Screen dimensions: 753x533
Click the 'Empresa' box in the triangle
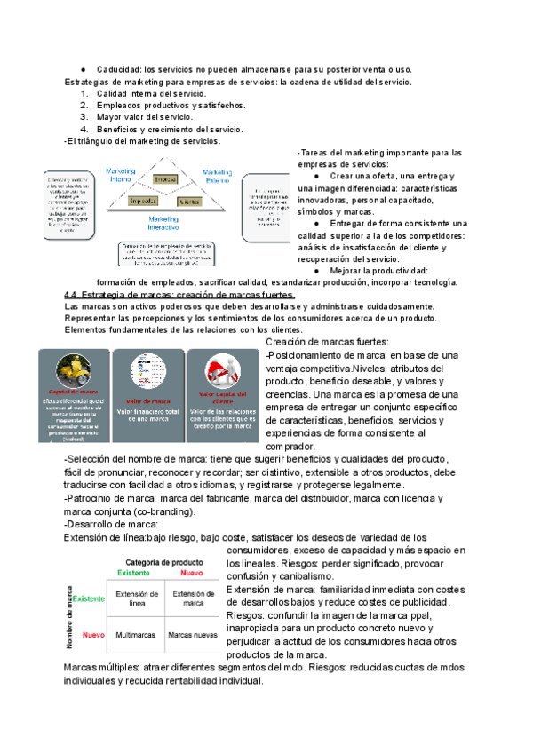(x=163, y=179)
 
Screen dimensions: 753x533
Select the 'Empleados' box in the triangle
(x=143, y=202)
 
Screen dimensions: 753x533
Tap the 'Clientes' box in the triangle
(x=187, y=202)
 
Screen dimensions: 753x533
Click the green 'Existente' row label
(x=87, y=599)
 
